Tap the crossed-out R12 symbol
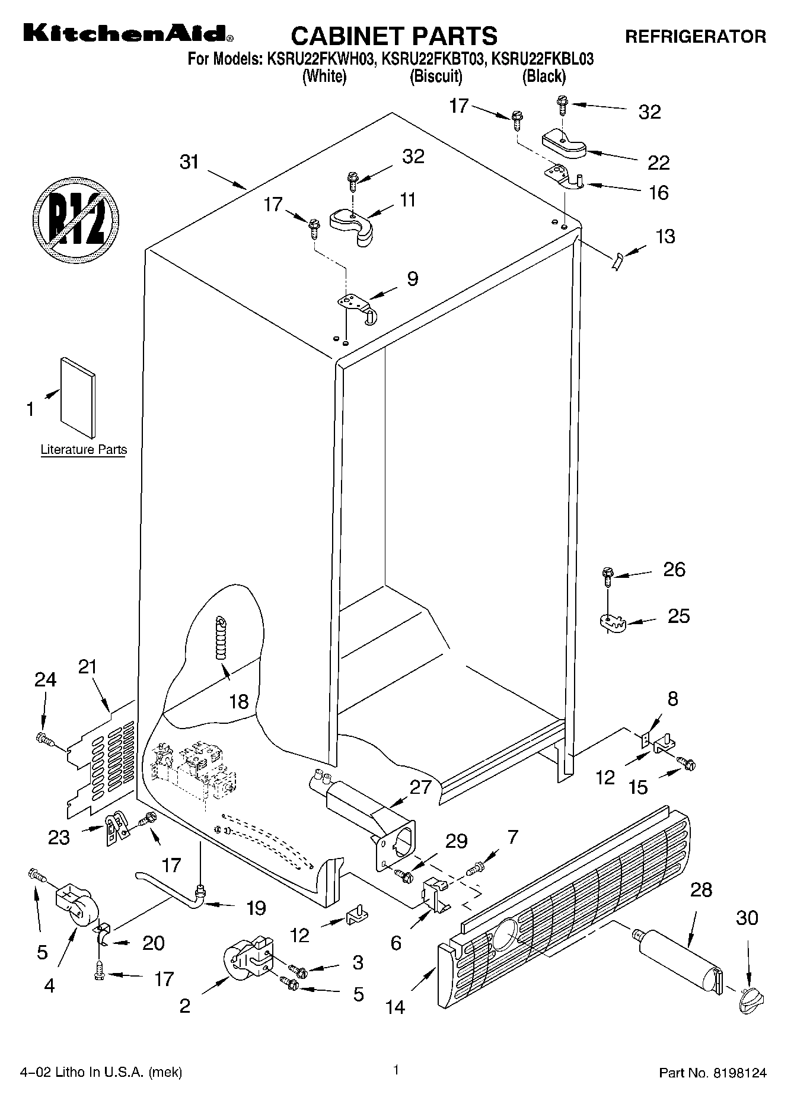tap(75, 217)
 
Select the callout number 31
tap(189, 161)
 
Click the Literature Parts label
tap(84, 450)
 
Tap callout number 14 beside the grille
tap(395, 1006)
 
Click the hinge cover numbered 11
tap(351, 225)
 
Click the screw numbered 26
tap(607, 576)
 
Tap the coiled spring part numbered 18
tap(221, 638)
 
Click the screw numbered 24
tap(44, 739)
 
